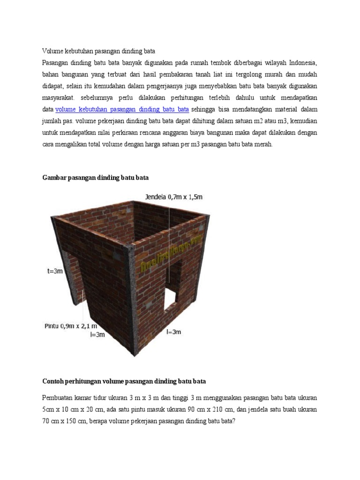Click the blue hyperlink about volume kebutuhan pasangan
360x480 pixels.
pos(122,110)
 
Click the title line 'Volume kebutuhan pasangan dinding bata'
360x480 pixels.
pos(98,51)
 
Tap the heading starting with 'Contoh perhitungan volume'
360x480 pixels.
pos(124,381)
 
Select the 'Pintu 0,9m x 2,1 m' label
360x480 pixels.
pos(70,326)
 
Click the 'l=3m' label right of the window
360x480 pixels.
pos(173,332)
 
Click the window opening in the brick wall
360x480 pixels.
pos(172,289)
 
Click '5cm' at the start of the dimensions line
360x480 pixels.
pos(49,410)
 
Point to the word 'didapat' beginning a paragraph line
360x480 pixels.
pos(52,86)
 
